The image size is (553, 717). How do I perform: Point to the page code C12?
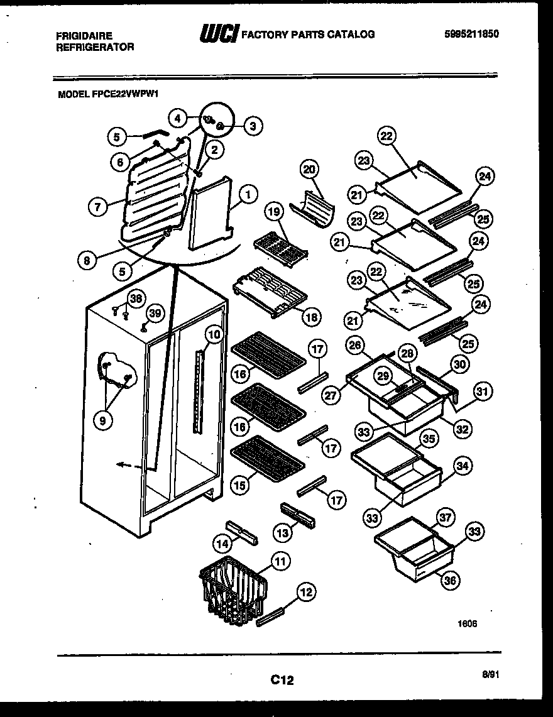[x=282, y=679]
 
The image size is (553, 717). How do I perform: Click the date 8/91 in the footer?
[x=491, y=674]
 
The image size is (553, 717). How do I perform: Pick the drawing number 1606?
[x=467, y=624]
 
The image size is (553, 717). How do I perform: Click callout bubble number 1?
[x=248, y=195]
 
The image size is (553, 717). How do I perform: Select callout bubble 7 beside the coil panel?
[x=97, y=207]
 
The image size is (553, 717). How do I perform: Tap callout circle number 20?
[x=310, y=169]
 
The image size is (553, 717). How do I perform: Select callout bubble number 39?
[x=155, y=313]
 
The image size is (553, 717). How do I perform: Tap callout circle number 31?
[x=483, y=392]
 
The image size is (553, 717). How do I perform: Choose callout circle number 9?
[x=102, y=422]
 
